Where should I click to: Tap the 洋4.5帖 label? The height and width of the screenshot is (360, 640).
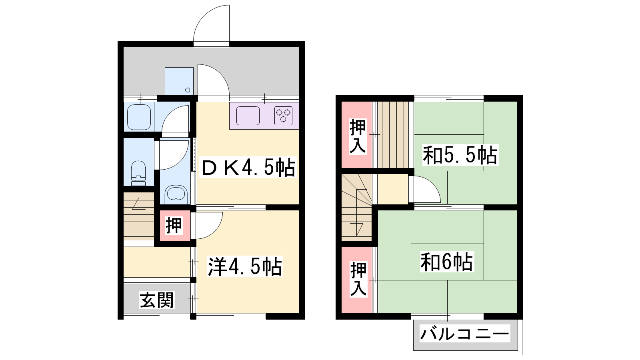(x=245, y=266)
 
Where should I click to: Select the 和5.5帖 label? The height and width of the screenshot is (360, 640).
(x=460, y=155)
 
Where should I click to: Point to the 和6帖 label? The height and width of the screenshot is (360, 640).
(x=446, y=262)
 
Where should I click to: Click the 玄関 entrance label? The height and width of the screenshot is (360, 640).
(x=156, y=300)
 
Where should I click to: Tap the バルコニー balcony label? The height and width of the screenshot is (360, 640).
(x=464, y=334)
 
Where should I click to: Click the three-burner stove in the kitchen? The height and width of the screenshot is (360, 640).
(x=283, y=116)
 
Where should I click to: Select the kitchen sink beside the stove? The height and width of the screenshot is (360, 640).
(x=248, y=116)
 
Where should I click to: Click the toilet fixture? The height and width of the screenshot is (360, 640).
(x=138, y=173)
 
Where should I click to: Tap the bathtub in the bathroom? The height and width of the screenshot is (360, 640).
(x=139, y=117)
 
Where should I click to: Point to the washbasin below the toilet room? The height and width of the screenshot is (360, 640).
(x=176, y=194)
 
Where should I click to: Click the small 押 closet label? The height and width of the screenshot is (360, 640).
(x=174, y=226)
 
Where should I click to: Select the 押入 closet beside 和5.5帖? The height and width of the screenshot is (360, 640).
(x=358, y=137)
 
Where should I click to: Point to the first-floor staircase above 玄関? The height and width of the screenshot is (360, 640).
(x=139, y=216)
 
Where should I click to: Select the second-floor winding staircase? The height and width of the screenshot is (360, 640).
(x=357, y=208)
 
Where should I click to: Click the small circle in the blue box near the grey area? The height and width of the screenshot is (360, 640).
(x=188, y=90)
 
